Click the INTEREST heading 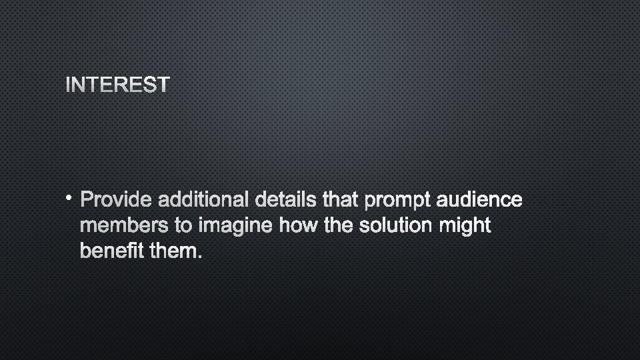118,85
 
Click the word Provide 116,199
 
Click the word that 340,199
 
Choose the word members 124,226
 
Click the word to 184,227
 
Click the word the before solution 335,226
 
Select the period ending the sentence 198,257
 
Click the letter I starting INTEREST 69,85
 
